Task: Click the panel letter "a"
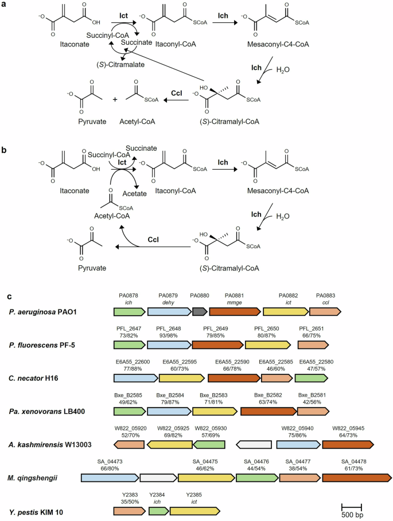(x=5, y=5)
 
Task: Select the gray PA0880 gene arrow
(x=199, y=312)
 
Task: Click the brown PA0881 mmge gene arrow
(x=234, y=312)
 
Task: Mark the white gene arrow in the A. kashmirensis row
(x=255, y=444)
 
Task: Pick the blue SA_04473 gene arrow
(x=110, y=477)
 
